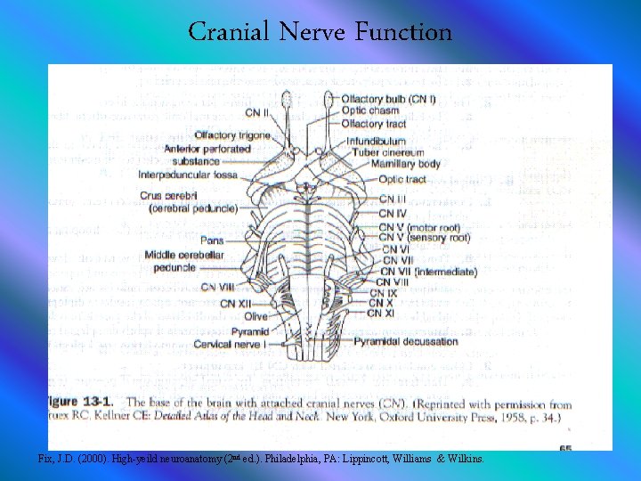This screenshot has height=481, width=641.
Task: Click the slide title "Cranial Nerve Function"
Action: coord(320,33)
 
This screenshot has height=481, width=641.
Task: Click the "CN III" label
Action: coord(392,200)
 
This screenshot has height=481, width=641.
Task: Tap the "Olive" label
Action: coord(256,316)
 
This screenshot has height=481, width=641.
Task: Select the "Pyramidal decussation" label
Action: coord(405,341)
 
